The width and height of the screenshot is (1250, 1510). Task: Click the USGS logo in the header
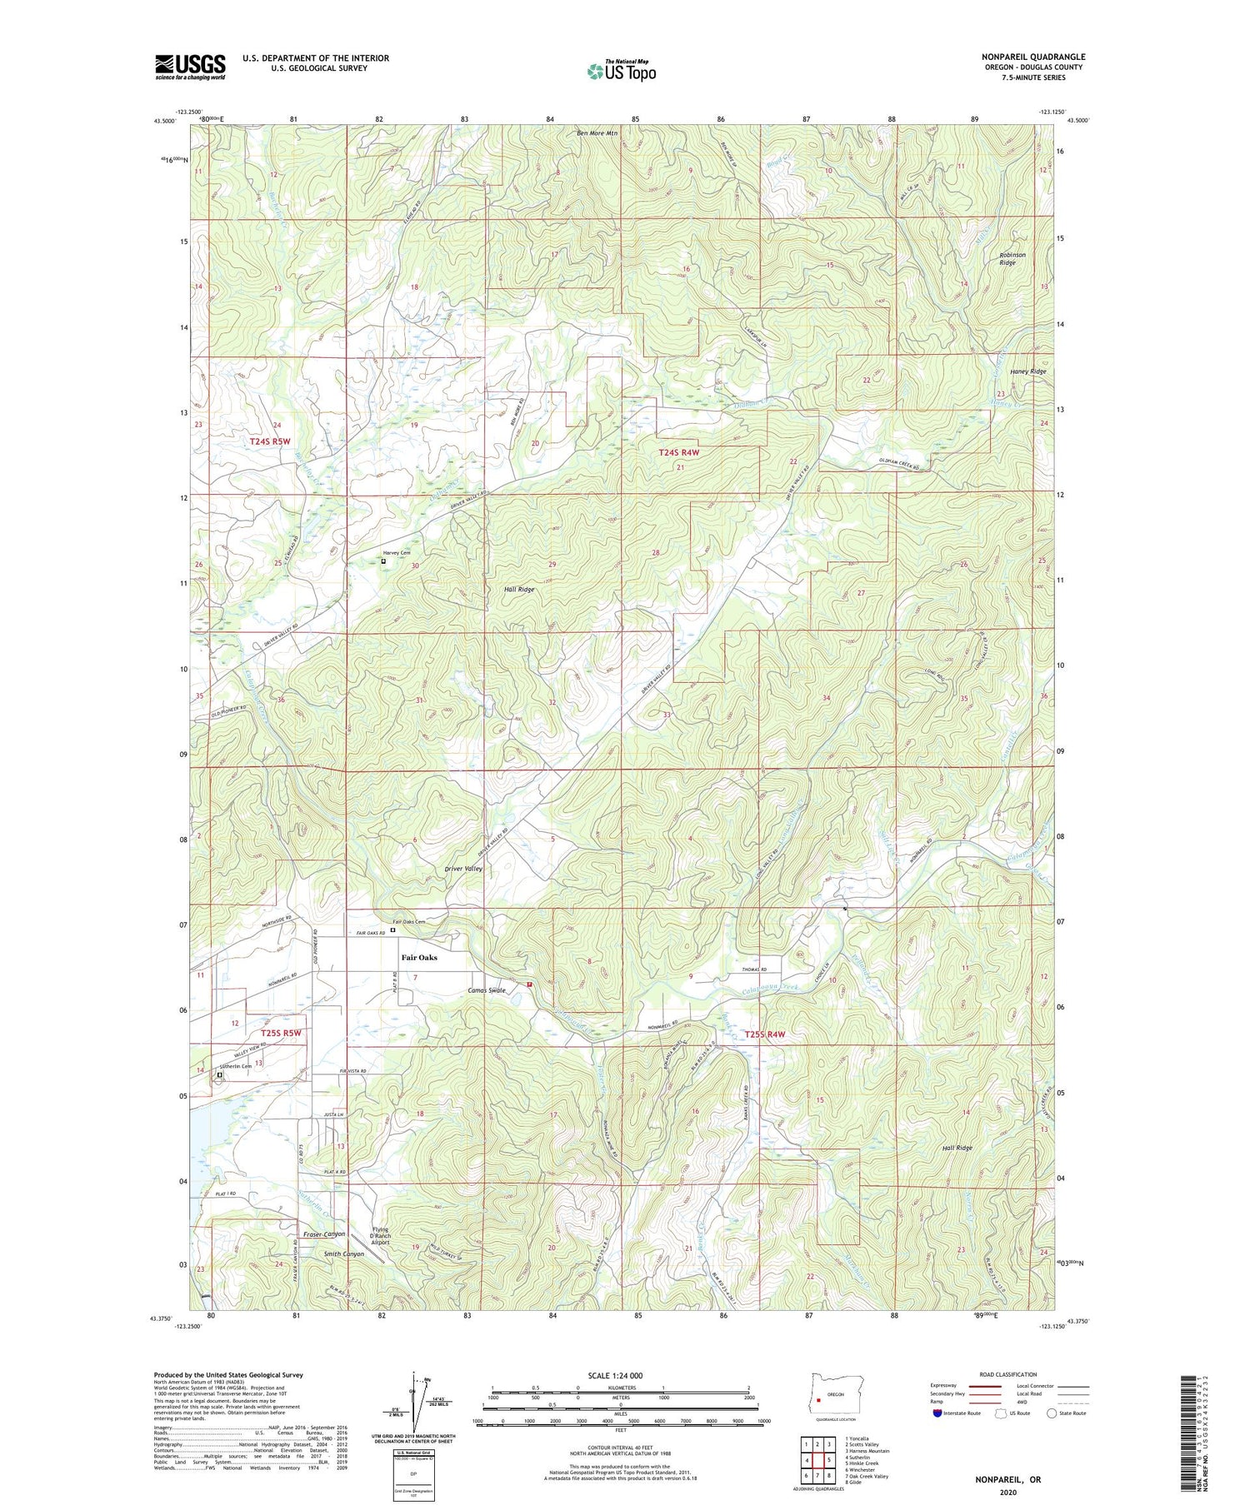(190, 67)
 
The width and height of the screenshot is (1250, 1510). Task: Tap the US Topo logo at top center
(622, 71)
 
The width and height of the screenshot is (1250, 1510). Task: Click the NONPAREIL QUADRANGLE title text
(1032, 57)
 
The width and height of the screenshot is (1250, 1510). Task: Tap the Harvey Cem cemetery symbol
(383, 561)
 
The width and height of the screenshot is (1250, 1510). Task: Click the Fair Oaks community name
(420, 958)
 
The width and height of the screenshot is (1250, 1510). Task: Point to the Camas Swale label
(487, 990)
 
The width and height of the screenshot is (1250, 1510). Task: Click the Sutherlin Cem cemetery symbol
(220, 1075)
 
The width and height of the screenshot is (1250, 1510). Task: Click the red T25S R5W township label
(280, 1034)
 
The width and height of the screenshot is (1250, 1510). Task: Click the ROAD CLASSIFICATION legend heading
(1008, 1374)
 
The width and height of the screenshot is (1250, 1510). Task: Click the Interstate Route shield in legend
(937, 1413)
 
